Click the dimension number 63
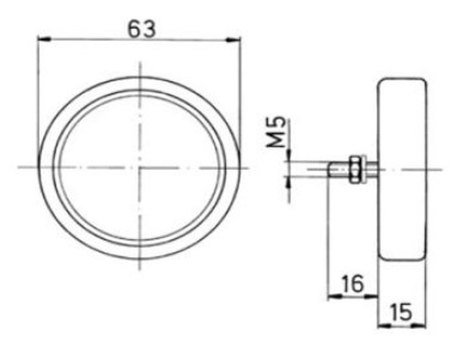142,29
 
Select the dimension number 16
353,284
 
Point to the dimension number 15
401,312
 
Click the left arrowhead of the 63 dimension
45,39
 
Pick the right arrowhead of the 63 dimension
233,40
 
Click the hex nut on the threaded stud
354,169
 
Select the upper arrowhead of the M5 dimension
289,155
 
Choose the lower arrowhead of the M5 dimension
289,182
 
